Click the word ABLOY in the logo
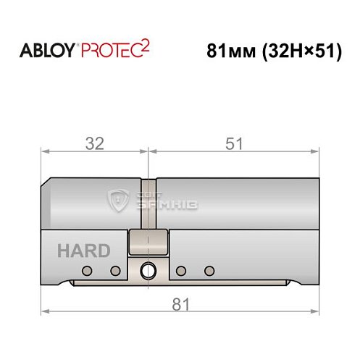(46, 53)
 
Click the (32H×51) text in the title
(300, 53)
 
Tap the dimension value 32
(93, 143)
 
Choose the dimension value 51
(233, 143)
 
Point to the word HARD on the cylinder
(83, 251)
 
